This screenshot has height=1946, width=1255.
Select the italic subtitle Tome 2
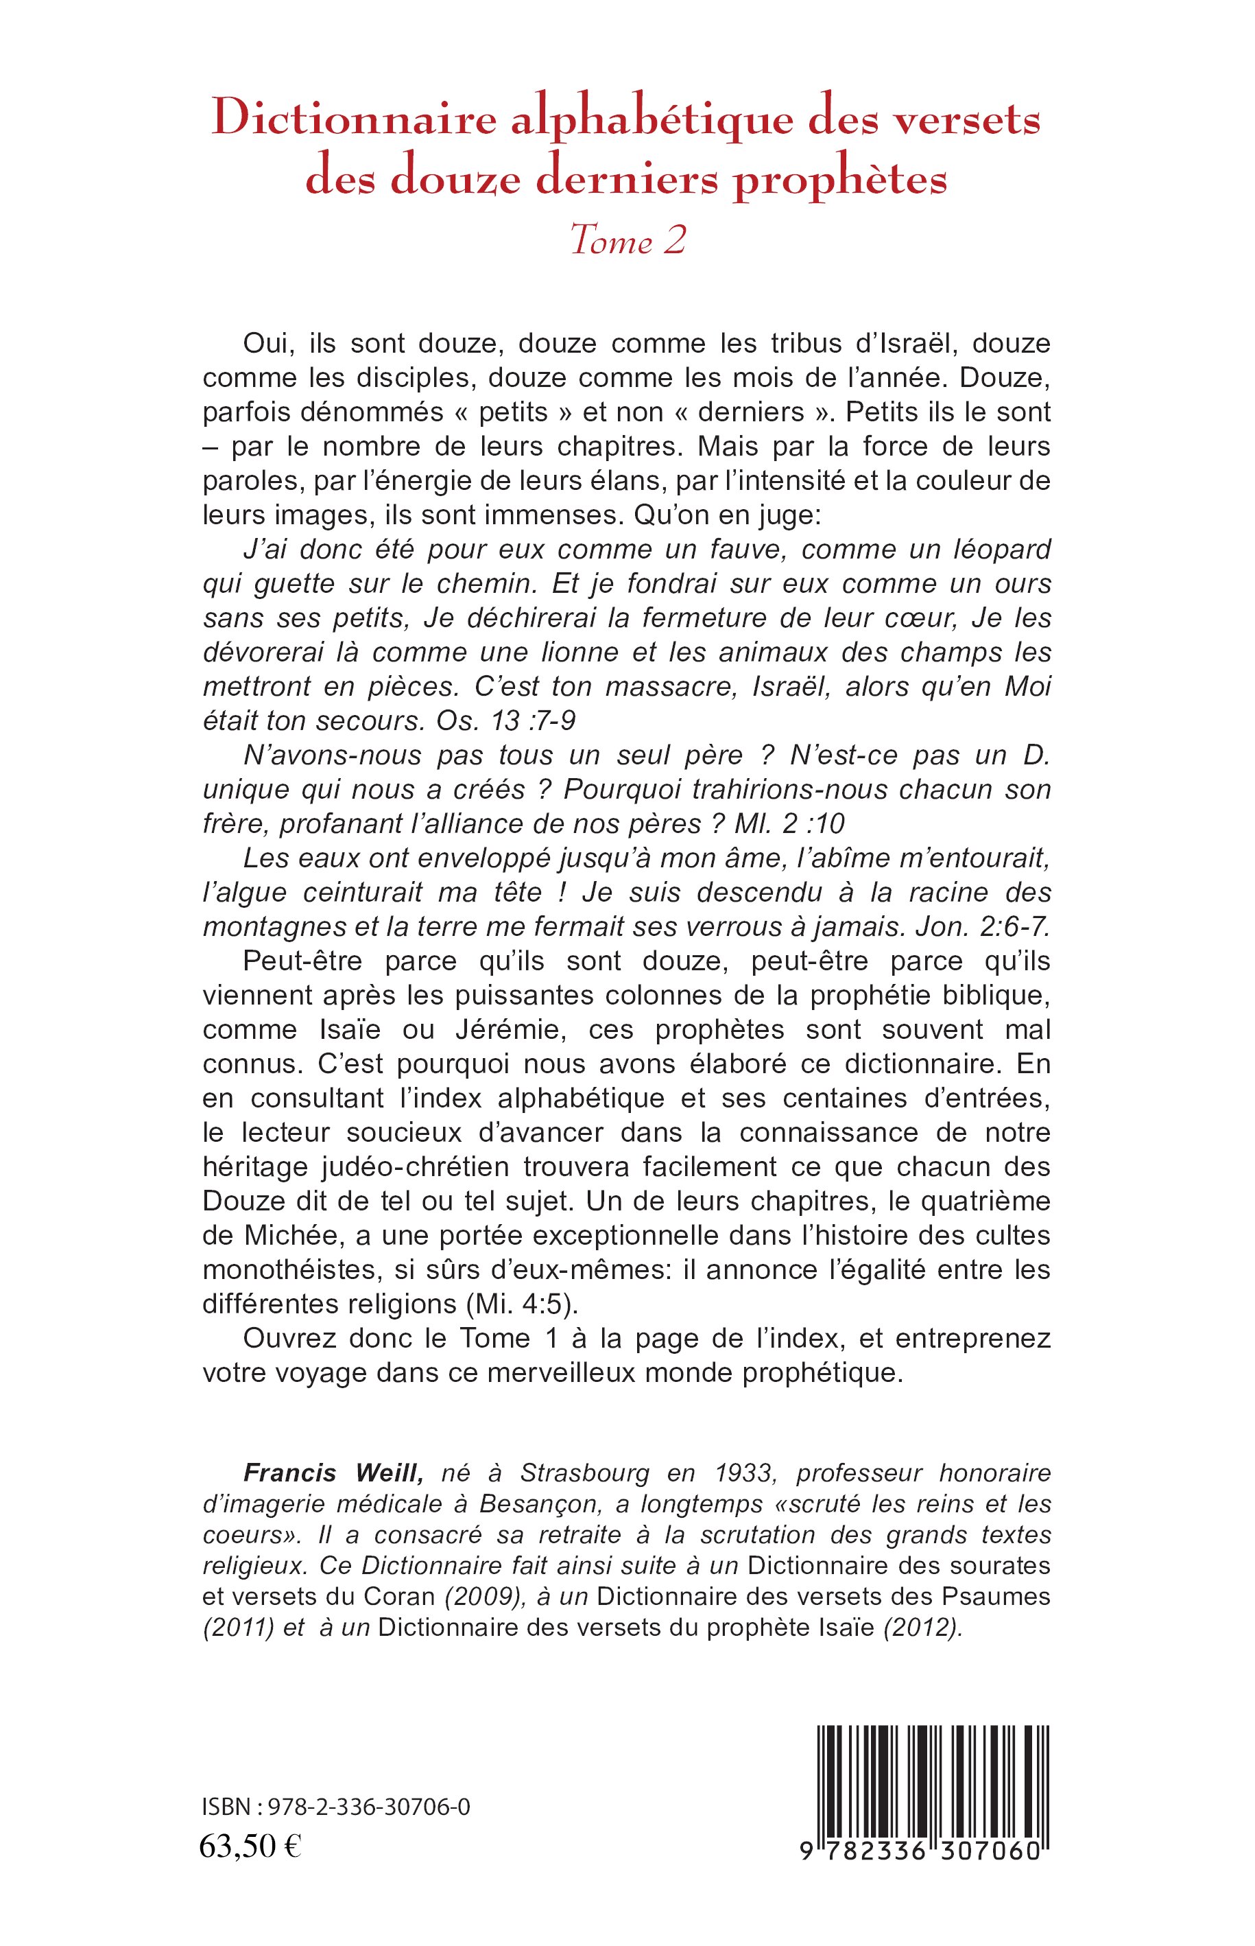click(x=627, y=240)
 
